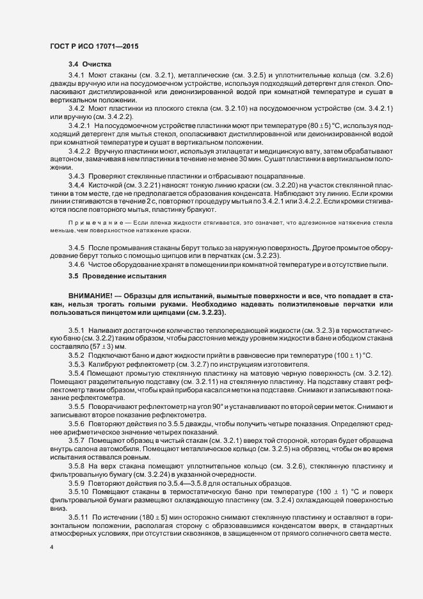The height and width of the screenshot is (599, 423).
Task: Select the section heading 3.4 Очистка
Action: coord(90,65)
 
